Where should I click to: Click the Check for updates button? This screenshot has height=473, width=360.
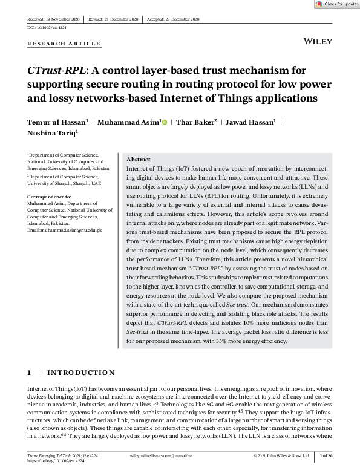tap(336, 4)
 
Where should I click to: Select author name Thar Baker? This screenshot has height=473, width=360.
tap(195, 122)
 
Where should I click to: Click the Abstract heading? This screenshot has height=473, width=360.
tap(139, 159)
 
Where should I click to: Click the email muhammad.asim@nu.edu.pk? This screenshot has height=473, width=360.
tap(65, 230)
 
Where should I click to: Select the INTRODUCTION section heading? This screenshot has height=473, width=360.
tap(81, 373)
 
